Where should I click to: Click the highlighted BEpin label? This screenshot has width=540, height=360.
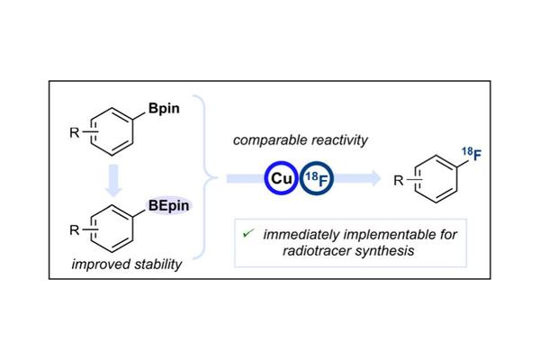pyautogui.click(x=171, y=207)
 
